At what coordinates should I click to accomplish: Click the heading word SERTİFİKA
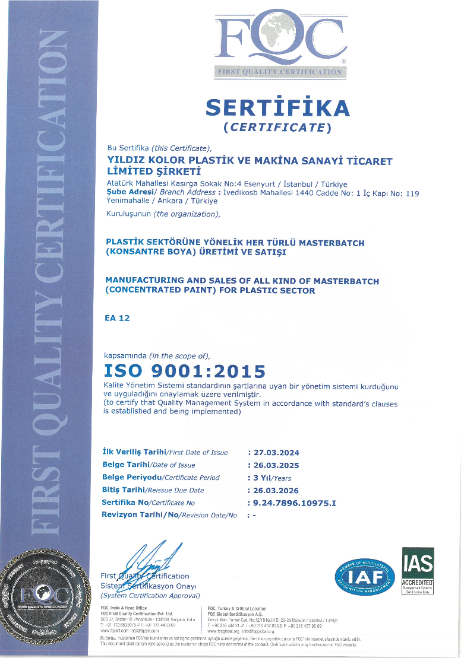coord(277,107)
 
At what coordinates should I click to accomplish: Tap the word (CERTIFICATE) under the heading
coord(277,127)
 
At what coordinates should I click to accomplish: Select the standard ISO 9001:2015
coord(185,371)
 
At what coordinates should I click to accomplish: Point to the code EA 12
coord(117,318)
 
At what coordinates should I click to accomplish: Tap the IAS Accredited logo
coord(418,571)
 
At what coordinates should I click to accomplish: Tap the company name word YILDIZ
coord(123,161)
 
